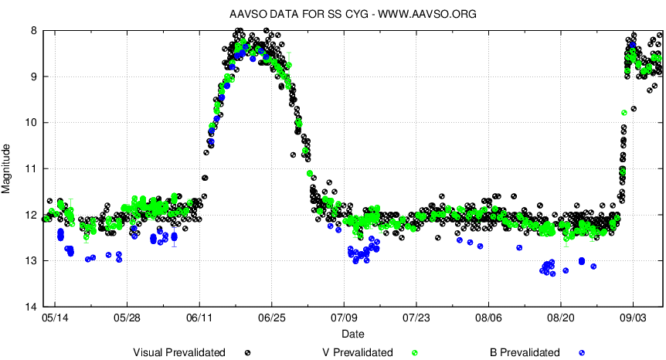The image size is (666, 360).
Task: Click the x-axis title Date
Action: coord(353,334)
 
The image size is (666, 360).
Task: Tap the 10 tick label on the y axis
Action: coord(31,123)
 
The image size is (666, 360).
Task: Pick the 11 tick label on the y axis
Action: coord(31,168)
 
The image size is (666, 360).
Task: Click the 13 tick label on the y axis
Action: coord(31,260)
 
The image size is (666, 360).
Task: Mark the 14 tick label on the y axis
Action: coord(31,307)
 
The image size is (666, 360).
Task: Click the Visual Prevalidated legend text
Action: coord(179,352)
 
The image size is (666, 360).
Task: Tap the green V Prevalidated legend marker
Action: coord(415,352)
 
